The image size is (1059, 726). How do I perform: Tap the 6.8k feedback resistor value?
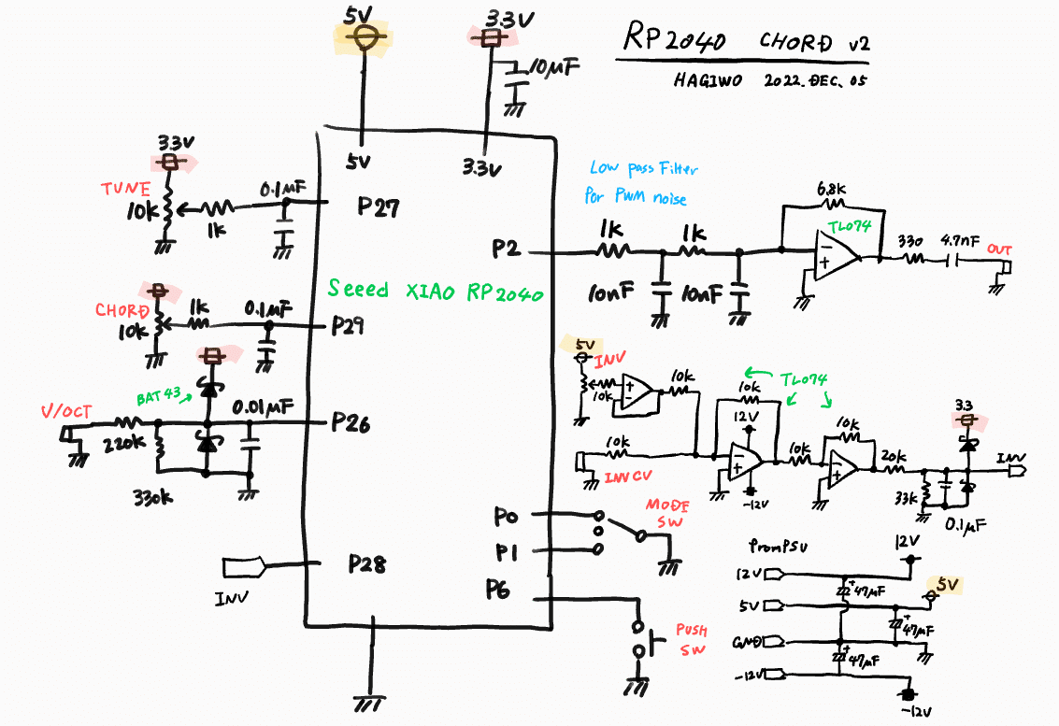832,189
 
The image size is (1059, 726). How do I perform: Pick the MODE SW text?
666,513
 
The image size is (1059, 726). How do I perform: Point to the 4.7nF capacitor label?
962,239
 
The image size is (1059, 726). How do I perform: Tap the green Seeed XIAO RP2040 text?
435,291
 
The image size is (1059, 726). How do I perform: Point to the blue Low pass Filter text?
643,169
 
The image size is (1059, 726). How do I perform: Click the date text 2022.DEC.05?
815,81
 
